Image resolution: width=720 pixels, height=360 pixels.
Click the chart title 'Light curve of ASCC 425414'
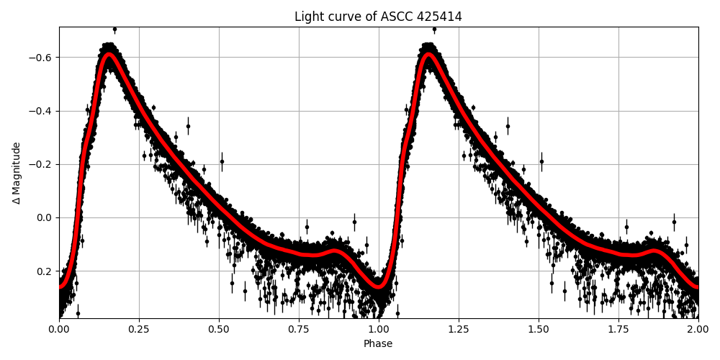click(378, 17)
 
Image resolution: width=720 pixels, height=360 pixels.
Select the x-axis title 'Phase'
click(378, 344)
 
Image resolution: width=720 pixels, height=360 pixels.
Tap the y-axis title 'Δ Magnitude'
click(17, 173)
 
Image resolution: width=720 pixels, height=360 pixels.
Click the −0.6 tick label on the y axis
click(42, 58)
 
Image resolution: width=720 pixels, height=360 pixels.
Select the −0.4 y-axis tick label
click(42, 111)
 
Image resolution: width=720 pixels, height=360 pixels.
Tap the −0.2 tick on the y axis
click(42, 164)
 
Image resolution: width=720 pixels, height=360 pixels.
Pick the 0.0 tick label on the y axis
click(45, 217)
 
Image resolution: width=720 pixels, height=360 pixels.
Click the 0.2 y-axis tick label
click(45, 271)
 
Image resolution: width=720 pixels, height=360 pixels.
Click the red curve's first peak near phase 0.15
click(109, 55)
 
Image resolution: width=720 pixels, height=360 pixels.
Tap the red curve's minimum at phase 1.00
click(379, 287)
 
